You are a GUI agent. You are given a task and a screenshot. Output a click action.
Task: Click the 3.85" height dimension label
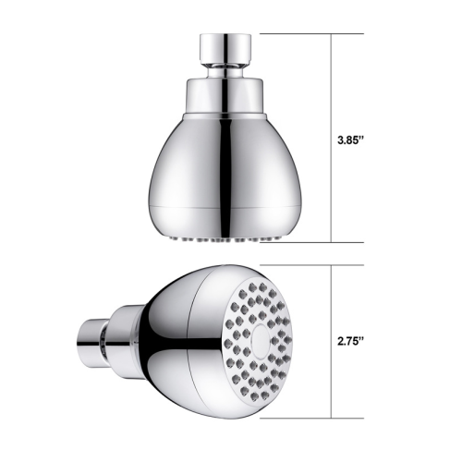point(351,140)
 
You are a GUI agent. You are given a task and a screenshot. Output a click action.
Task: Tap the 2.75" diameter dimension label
point(351,342)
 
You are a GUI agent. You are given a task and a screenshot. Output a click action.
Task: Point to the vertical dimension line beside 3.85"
point(331,138)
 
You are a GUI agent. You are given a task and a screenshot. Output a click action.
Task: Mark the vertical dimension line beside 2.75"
point(331,342)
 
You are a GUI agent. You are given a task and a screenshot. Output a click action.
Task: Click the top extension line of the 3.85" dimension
point(312,33)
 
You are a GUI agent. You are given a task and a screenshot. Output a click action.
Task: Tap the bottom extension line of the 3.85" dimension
point(312,242)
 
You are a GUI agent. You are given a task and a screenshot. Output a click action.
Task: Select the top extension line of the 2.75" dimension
point(312,265)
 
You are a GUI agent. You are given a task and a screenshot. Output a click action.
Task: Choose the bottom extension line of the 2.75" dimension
point(312,419)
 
